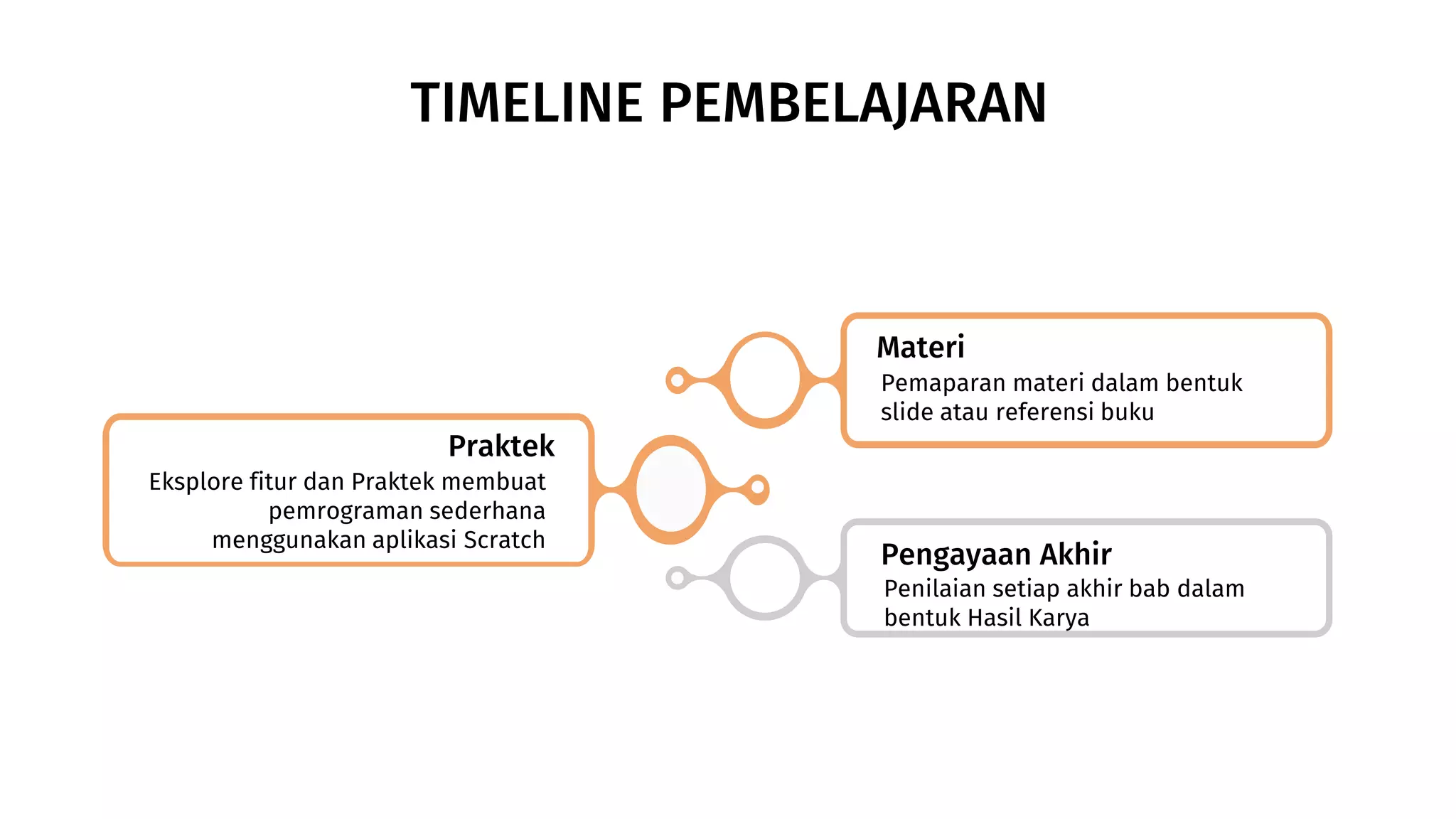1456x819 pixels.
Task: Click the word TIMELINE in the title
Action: point(527,104)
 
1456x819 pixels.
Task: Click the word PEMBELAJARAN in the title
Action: point(853,104)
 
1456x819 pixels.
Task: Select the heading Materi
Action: point(920,348)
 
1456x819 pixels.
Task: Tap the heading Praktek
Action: point(501,446)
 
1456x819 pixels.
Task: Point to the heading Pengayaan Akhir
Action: point(995,555)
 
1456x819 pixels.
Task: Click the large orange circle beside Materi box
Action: point(765,380)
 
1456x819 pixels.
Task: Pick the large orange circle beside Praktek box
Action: point(670,489)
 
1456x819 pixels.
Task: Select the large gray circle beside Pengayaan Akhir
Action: point(765,578)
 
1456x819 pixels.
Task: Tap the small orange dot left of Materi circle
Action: point(678,380)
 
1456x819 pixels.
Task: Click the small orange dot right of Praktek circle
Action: point(758,488)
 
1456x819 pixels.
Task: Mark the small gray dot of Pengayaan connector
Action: point(678,578)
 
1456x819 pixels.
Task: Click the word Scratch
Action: point(504,540)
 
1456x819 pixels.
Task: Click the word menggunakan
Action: point(289,540)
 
